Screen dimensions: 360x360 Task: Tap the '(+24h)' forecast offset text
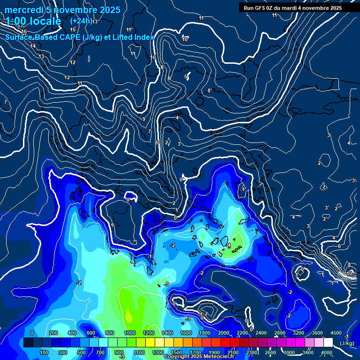point(81,21)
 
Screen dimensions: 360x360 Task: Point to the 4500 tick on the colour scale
point(336,333)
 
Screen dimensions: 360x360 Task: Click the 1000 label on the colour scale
point(129,333)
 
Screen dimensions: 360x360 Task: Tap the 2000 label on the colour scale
point(224,333)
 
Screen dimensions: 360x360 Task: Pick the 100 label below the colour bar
point(44,352)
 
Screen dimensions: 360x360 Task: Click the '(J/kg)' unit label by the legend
point(346,343)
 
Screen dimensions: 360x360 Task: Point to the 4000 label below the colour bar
point(326,352)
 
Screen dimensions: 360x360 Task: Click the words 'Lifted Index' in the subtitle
point(132,37)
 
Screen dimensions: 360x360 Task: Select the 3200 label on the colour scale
point(299,333)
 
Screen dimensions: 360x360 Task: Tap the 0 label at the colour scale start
point(31,333)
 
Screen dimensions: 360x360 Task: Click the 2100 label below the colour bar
point(233,352)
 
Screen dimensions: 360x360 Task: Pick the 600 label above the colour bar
point(91,333)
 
